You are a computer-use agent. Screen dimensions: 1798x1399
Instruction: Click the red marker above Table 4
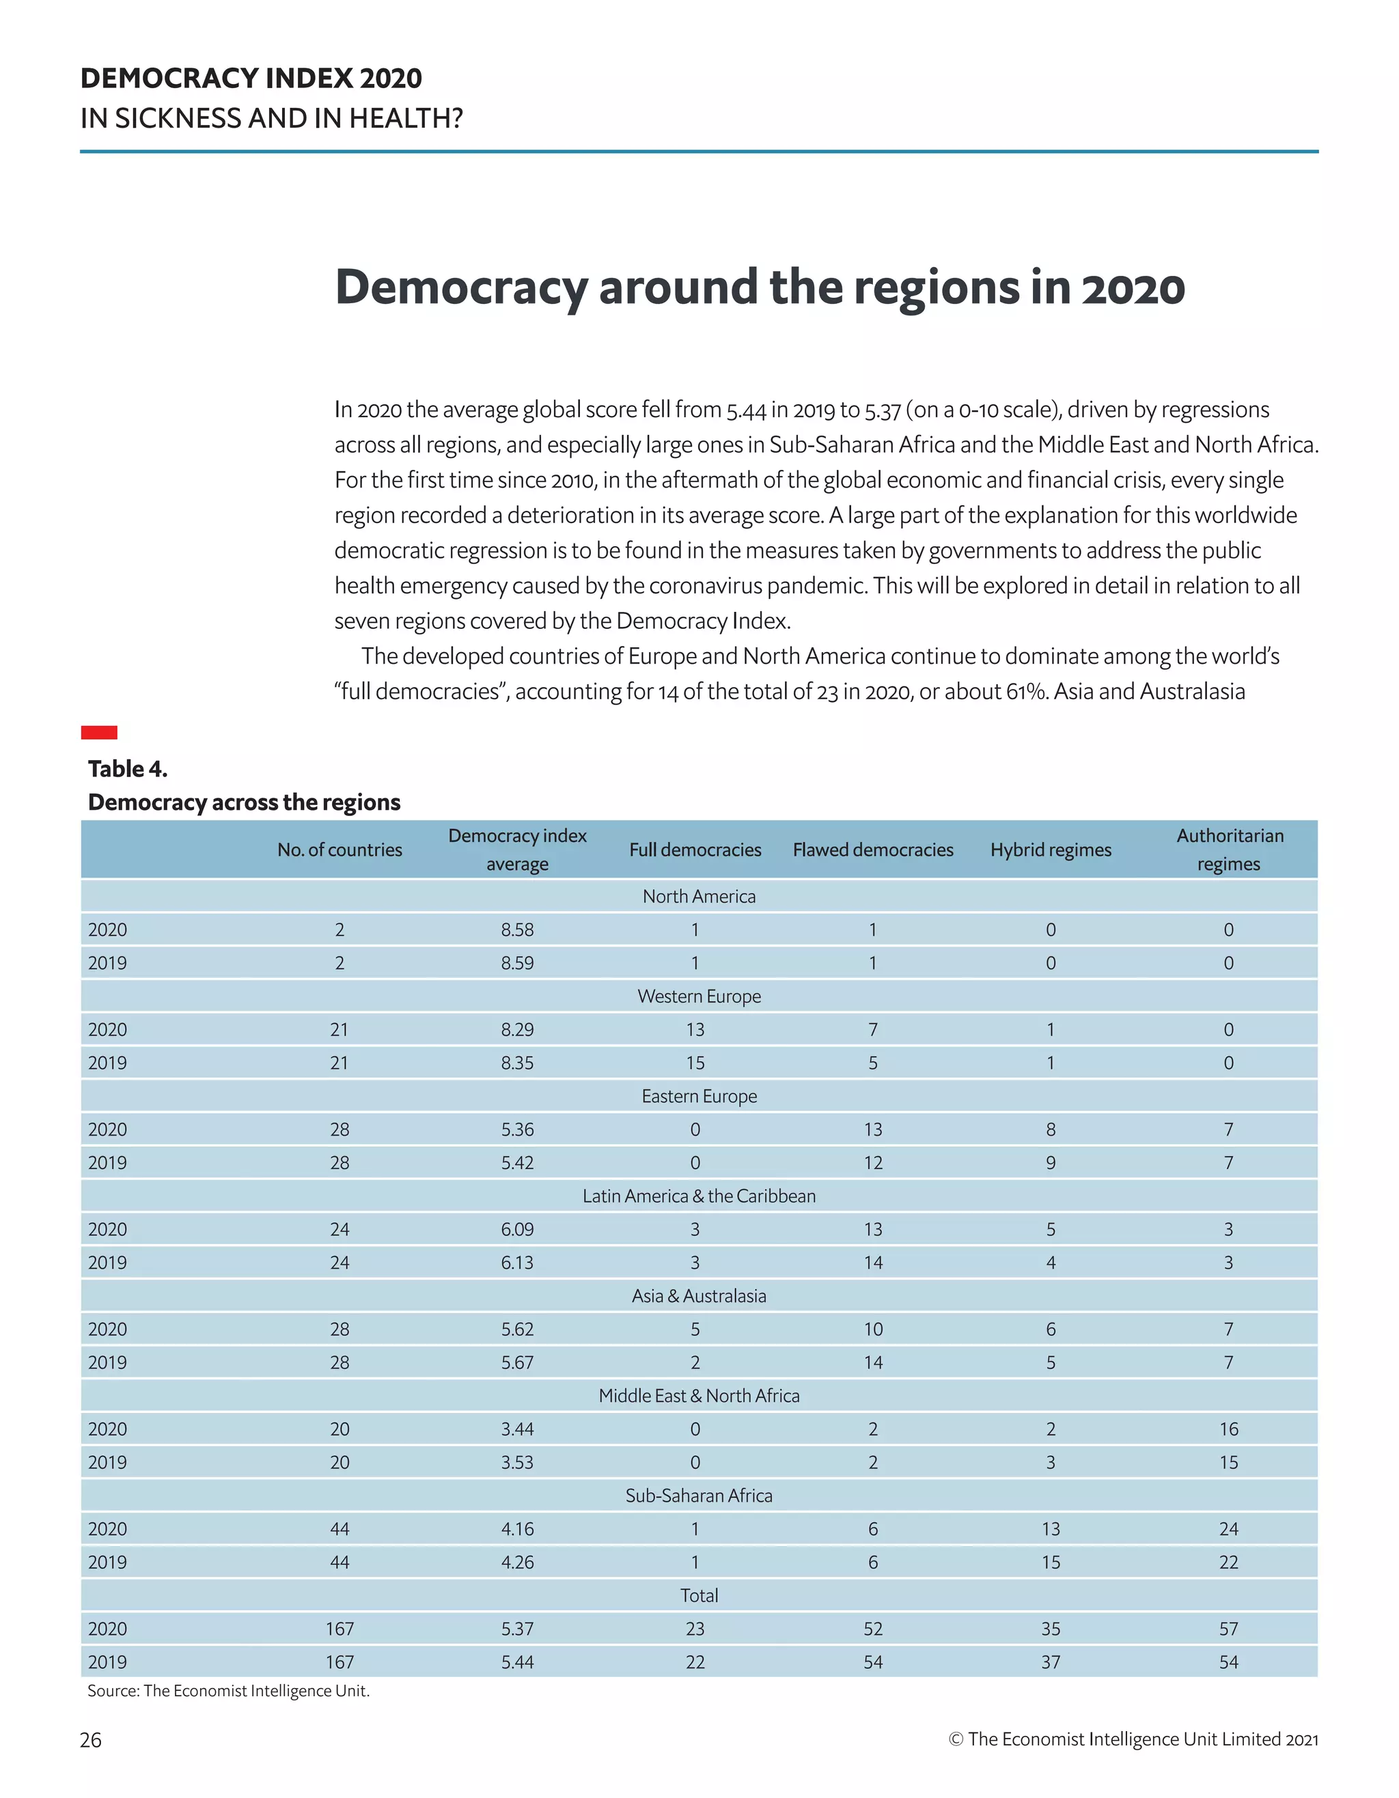point(99,732)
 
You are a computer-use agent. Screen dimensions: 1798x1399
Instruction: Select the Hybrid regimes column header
point(1050,849)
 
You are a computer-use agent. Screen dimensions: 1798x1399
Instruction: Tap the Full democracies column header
point(694,849)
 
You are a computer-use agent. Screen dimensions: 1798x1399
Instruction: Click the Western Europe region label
point(698,996)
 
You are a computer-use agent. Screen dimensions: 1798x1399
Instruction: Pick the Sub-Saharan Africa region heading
point(698,1495)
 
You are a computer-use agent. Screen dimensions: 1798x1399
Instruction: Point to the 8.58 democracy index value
point(517,929)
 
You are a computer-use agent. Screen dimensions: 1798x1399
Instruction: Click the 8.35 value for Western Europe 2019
point(517,1063)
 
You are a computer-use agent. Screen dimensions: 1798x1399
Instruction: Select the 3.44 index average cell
point(517,1429)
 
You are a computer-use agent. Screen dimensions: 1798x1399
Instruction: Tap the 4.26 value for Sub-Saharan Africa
point(517,1562)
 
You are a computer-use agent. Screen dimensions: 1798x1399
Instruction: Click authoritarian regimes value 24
point(1228,1529)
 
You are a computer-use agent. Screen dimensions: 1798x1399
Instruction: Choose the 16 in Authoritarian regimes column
point(1228,1429)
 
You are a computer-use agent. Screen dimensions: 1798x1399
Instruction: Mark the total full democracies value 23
point(694,1629)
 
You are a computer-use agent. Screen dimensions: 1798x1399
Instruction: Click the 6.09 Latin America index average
point(517,1229)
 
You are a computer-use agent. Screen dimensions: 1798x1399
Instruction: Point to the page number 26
point(91,1739)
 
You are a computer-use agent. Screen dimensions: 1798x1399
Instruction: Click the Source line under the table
point(228,1690)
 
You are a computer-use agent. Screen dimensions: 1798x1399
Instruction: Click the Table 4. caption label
point(128,769)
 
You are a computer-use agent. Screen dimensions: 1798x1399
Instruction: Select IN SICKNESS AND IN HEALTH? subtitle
point(271,119)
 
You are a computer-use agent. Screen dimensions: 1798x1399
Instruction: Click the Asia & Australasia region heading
point(698,1296)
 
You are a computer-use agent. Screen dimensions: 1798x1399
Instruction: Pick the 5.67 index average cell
point(517,1362)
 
